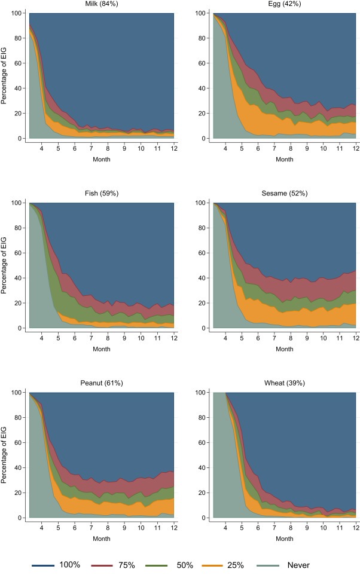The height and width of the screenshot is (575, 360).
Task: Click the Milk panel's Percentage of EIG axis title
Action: (5, 75)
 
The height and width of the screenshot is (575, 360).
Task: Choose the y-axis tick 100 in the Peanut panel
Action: (16, 393)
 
